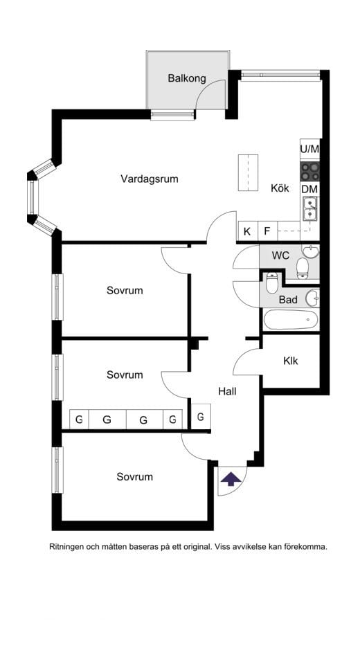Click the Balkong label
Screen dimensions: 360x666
(x=187, y=78)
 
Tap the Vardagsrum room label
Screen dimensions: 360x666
(x=150, y=179)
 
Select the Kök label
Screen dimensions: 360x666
(x=280, y=188)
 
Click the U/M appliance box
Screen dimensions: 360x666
(x=309, y=150)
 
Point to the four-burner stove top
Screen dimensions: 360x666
(x=310, y=172)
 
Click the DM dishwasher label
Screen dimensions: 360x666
(x=310, y=189)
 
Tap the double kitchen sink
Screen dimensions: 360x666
(x=310, y=208)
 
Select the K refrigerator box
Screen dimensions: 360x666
(x=248, y=232)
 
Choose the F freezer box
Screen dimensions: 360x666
(x=267, y=232)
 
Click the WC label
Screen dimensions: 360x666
(x=280, y=255)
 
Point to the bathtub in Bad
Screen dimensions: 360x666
(x=290, y=320)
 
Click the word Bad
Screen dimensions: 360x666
(x=288, y=300)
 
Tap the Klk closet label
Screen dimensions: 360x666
(x=291, y=361)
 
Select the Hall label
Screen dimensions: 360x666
(x=228, y=391)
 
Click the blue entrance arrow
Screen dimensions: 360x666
(x=231, y=479)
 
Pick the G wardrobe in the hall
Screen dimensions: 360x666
(x=201, y=416)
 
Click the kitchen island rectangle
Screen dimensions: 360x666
(x=248, y=173)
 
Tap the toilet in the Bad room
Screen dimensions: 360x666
(x=271, y=283)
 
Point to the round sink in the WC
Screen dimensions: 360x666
(x=310, y=252)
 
